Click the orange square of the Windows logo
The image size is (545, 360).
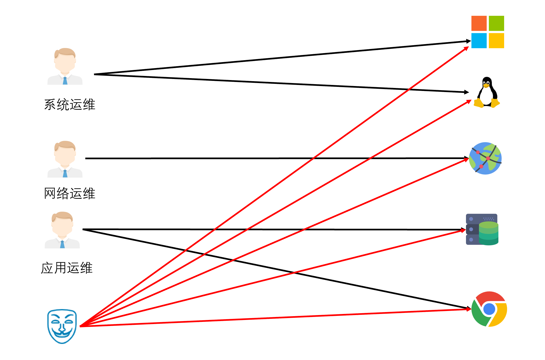(479, 23)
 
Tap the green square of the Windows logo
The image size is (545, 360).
(496, 23)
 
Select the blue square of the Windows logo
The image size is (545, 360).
(479, 41)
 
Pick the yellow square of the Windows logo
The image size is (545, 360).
(496, 41)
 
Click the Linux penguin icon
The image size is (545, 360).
(487, 92)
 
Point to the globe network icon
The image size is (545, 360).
(485, 158)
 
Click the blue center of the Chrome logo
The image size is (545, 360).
(489, 309)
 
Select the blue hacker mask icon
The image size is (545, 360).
(62, 326)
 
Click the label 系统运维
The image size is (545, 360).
(70, 105)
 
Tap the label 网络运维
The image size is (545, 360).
(70, 193)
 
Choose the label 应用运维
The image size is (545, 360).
(67, 268)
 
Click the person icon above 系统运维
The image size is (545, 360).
(65, 66)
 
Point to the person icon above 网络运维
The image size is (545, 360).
(65, 159)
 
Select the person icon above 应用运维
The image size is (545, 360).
(62, 230)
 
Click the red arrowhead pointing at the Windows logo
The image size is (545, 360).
(466, 49)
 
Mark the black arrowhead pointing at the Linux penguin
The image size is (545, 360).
(467, 92)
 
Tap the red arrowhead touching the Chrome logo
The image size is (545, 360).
(469, 309)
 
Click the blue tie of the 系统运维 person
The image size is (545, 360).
(65, 81)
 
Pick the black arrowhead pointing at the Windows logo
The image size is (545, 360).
(468, 41)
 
